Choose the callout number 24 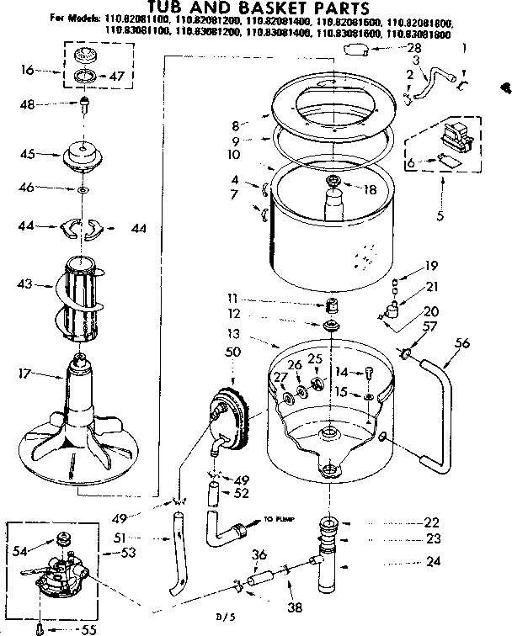pyautogui.click(x=432, y=562)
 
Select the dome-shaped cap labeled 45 pyautogui.click(x=90, y=156)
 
